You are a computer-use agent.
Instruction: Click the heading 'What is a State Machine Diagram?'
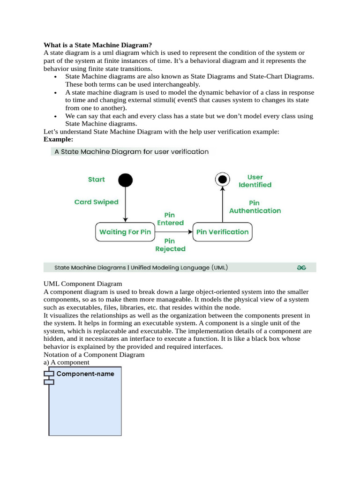tap(97, 45)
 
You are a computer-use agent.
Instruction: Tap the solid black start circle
tap(126, 180)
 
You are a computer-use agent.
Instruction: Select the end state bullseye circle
tap(223, 179)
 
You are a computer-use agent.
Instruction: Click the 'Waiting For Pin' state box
tap(125, 232)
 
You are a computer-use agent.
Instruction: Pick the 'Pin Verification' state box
tap(222, 232)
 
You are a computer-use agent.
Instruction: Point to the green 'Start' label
tap(97, 180)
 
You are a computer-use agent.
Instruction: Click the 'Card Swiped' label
tap(97, 202)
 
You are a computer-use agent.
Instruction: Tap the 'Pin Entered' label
tap(170, 219)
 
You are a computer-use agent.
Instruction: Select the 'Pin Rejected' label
tap(170, 245)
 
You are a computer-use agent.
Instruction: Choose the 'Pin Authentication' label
tap(255, 207)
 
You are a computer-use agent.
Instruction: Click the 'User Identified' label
tap(255, 181)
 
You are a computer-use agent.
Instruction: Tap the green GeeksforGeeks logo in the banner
tap(301, 268)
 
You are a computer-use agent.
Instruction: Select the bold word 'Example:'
tap(59, 139)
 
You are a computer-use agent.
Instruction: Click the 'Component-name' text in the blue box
tap(85, 374)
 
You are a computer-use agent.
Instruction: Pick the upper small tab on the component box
tap(49, 374)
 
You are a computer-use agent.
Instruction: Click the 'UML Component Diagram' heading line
tap(82, 284)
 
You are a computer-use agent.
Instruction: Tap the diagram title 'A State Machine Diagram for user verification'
tap(132, 152)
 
